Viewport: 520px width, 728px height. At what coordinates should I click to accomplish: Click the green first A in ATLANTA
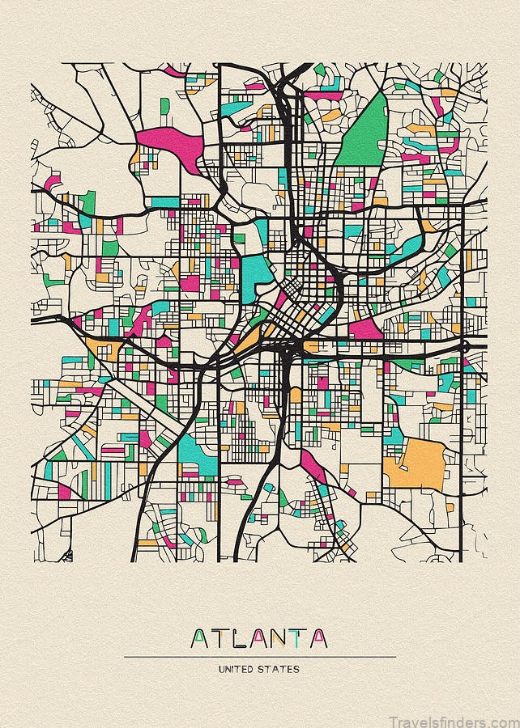tap(199, 639)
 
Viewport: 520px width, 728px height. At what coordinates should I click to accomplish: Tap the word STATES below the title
tap(280, 669)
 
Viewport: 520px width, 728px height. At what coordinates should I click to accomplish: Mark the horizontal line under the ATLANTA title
tap(259, 657)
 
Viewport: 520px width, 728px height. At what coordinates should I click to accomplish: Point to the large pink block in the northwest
tap(173, 142)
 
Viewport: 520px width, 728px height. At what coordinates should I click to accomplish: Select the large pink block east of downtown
tap(365, 328)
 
